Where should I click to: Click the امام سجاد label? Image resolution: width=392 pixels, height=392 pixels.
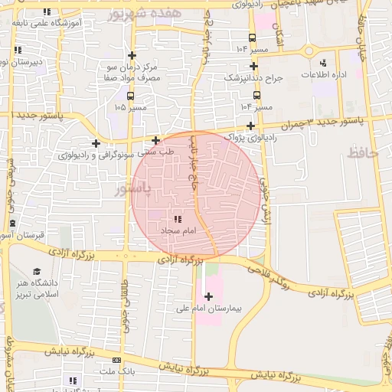[x=178, y=230]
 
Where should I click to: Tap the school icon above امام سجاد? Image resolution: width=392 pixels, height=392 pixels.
[x=178, y=220]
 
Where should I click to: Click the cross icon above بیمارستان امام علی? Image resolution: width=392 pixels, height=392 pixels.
[x=209, y=296]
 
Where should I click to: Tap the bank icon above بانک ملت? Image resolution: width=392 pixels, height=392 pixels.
[x=116, y=360]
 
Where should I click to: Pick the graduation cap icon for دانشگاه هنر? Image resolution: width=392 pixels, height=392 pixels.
[x=36, y=272]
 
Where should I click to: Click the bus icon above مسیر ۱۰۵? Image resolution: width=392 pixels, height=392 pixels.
[x=129, y=96]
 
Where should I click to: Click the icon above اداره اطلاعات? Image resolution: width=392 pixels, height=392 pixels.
[x=322, y=62]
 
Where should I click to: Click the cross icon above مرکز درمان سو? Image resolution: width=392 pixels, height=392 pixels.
[x=132, y=55]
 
